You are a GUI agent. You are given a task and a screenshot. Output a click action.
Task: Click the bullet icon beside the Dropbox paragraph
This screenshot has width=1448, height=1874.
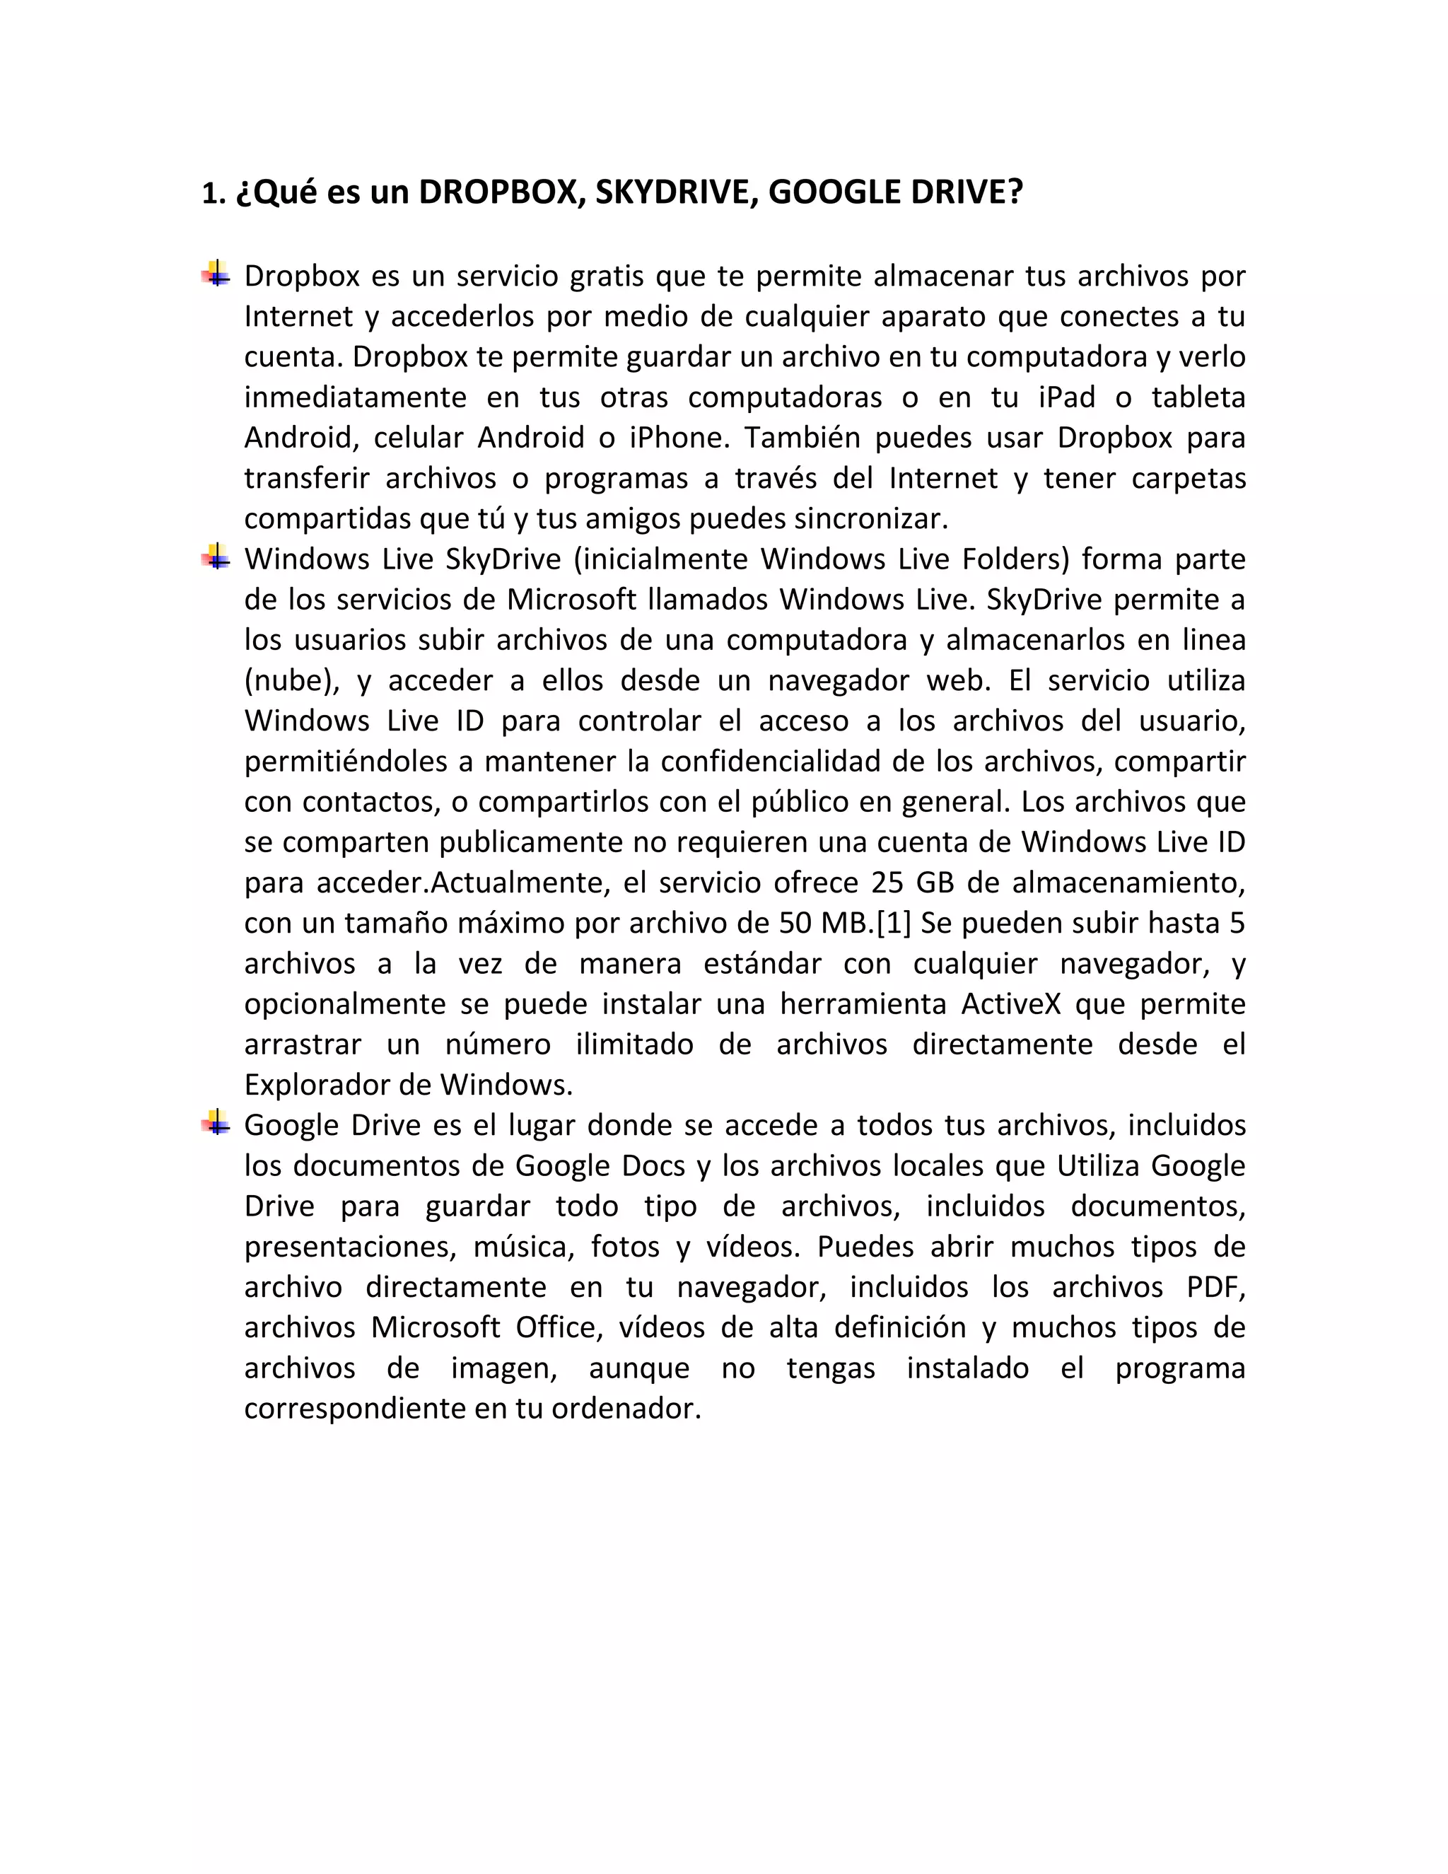pos(216,274)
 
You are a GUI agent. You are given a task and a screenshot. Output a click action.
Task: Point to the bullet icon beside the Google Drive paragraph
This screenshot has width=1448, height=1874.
pos(216,1122)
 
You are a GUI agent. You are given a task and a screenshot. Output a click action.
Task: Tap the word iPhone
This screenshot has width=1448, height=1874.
pos(677,438)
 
